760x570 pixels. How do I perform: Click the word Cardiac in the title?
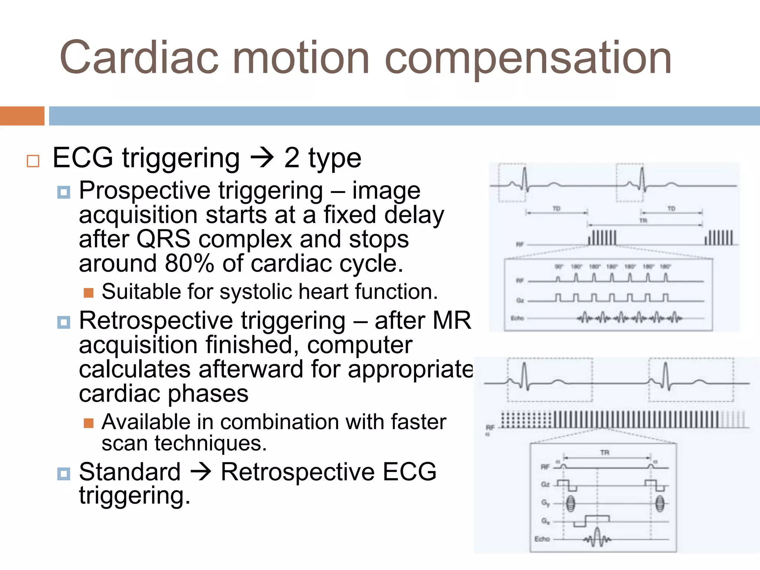pos(139,58)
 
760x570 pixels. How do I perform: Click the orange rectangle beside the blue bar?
pos(22,116)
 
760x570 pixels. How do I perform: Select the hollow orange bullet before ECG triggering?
pos(33,161)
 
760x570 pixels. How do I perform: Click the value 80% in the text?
pos(189,263)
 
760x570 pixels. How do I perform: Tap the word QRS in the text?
pos(163,239)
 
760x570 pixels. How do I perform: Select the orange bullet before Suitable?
pos(88,293)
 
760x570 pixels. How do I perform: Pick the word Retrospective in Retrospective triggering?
pos(156,321)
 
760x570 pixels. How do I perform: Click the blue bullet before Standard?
pos(64,474)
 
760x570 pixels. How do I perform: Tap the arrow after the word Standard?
pos(201,472)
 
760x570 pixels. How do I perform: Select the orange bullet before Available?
pos(88,423)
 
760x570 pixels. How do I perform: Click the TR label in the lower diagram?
pos(605,452)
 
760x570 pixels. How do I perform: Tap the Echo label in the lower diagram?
pos(542,539)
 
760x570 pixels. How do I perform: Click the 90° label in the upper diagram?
pos(559,266)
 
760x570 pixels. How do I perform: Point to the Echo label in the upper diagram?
pos(517,318)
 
